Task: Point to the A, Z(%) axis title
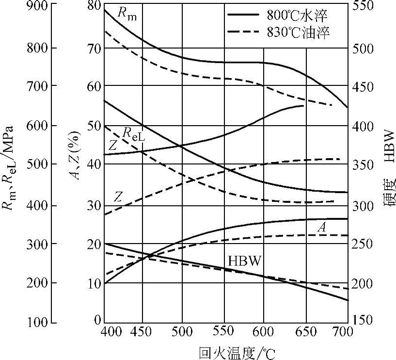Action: coord(76,155)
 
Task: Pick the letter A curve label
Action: coord(321,227)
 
